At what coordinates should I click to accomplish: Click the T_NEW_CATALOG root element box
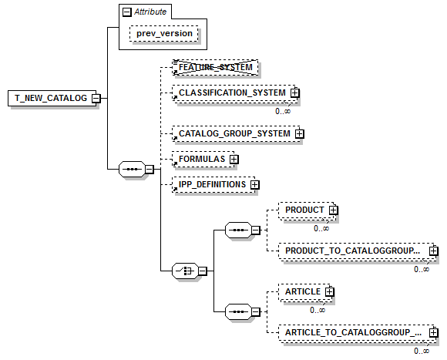tap(52, 99)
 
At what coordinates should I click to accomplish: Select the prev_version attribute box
tap(164, 34)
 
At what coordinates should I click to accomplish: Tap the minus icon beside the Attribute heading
tap(126, 12)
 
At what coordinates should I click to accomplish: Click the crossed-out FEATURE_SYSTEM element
tap(215, 68)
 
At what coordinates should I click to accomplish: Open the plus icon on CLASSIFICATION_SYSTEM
tap(294, 93)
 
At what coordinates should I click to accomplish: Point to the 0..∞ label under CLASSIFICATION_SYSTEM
tap(283, 111)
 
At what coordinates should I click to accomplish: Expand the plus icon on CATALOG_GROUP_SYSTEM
tap(299, 133)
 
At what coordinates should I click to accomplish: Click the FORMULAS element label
tap(202, 159)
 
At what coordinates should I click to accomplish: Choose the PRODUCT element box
tap(307, 210)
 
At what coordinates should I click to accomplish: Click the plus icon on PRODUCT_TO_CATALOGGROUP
tap(434, 251)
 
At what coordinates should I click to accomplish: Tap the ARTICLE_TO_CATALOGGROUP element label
tap(353, 333)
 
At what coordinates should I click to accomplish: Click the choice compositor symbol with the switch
tap(185, 271)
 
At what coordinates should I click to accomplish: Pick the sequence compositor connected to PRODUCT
tap(238, 230)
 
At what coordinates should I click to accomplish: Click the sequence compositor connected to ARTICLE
tap(238, 312)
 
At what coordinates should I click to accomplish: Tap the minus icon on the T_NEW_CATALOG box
tap(96, 99)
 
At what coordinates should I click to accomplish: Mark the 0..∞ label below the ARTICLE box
tap(318, 310)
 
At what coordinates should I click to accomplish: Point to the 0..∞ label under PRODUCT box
tap(321, 229)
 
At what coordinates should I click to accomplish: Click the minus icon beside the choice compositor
tap(203, 271)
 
